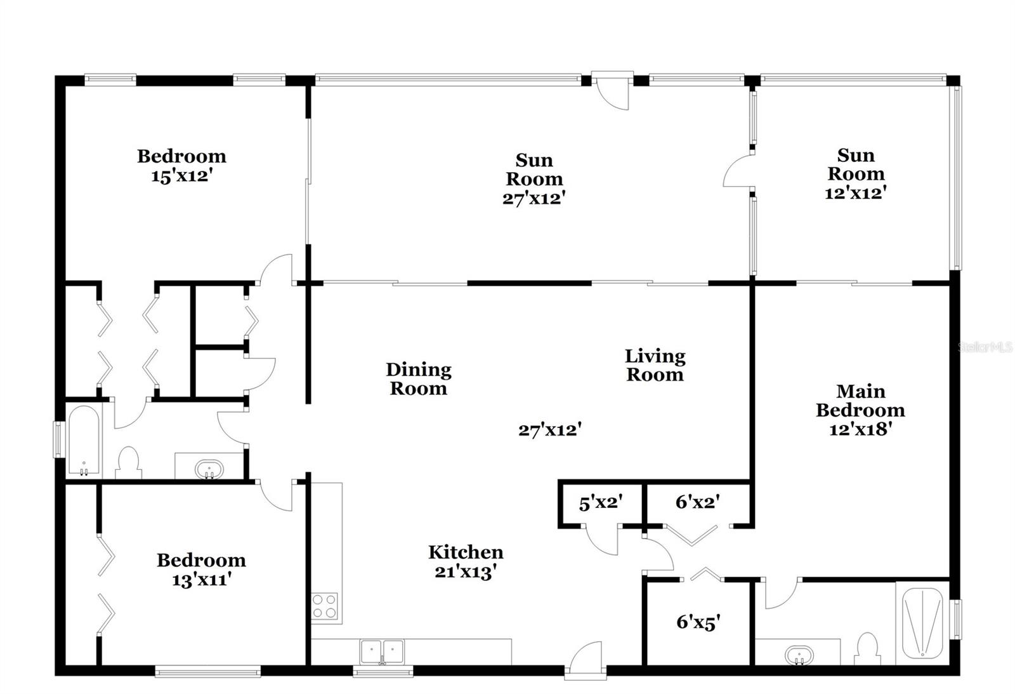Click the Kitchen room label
click(x=466, y=552)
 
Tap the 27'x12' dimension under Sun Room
click(x=534, y=198)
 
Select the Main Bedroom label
click(x=860, y=401)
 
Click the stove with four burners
click(x=324, y=606)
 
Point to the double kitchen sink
click(x=382, y=651)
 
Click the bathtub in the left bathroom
click(x=83, y=441)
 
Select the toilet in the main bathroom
click(x=866, y=649)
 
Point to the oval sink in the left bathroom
click(x=209, y=470)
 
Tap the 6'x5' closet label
click(x=698, y=622)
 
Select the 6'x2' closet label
click(x=697, y=502)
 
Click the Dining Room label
click(x=419, y=378)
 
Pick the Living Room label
click(x=655, y=365)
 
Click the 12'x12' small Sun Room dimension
click(x=855, y=193)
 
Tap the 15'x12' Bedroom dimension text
click(x=181, y=176)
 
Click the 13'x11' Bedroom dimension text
click(x=200, y=580)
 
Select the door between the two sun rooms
click(x=738, y=171)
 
